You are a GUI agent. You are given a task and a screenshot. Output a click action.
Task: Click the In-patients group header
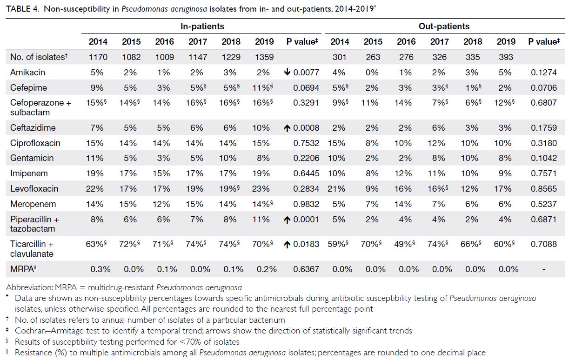click(x=202, y=27)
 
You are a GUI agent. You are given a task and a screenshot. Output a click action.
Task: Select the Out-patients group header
click(x=444, y=27)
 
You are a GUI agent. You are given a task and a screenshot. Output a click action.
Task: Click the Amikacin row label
click(x=27, y=73)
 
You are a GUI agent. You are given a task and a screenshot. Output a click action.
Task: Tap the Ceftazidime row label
click(x=33, y=127)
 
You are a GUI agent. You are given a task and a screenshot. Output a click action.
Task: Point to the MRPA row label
click(x=23, y=269)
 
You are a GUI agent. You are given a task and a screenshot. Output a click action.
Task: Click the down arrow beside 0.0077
click(x=287, y=72)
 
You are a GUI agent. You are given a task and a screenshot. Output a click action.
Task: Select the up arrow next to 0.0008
click(x=287, y=128)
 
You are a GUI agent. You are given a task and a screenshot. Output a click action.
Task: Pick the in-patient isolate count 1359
click(x=264, y=57)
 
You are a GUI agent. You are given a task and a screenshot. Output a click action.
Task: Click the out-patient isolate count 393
click(x=506, y=57)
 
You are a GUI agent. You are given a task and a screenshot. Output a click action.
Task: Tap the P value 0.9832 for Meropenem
click(x=306, y=204)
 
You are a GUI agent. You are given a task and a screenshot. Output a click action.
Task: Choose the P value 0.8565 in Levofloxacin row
click(x=543, y=189)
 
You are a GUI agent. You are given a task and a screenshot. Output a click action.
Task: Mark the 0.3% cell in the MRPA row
click(x=100, y=269)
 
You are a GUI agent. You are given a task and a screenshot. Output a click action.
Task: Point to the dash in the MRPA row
click(x=544, y=270)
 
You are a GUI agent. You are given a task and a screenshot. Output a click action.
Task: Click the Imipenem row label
click(x=29, y=173)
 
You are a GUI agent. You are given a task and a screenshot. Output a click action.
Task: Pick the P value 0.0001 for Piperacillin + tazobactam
click(x=306, y=220)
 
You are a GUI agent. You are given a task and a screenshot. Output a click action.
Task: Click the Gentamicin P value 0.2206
click(x=306, y=158)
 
